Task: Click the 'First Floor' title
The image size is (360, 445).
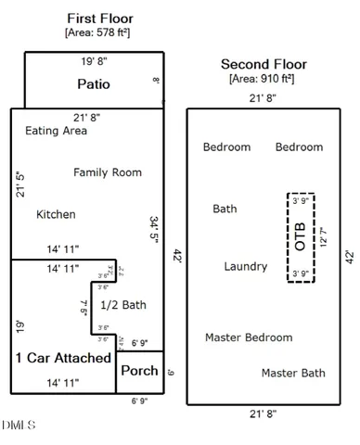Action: point(100,19)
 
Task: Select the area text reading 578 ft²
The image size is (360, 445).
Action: point(100,33)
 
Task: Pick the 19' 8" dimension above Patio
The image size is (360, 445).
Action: point(93,62)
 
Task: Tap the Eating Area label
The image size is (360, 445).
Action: point(56,131)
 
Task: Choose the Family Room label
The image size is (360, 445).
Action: point(108,172)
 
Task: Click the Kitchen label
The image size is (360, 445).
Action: point(56,214)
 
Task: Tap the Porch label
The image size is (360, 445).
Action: point(139,371)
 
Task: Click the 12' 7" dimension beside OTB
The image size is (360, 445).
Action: point(322,236)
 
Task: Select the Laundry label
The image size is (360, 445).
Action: point(246,266)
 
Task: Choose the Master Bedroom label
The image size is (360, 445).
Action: point(249,337)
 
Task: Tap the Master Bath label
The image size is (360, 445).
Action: point(292,373)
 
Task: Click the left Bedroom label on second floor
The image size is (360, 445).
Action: point(226,146)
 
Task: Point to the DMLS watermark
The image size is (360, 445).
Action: point(19,426)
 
